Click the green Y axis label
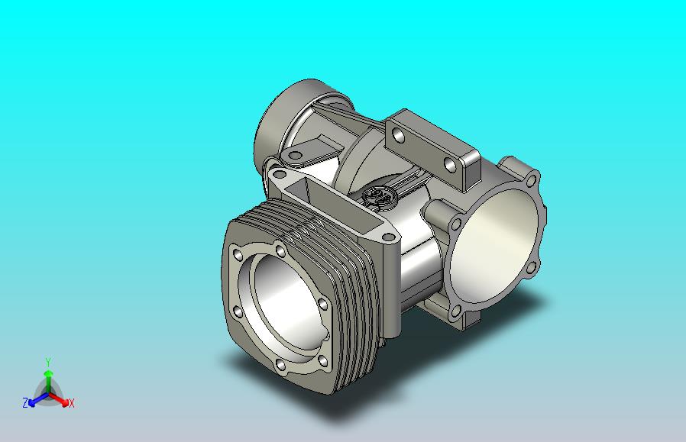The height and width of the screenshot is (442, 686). click(48, 362)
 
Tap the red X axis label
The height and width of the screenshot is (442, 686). click(71, 403)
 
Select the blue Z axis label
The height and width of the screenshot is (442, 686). click(25, 402)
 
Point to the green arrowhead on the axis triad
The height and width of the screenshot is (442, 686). click(48, 373)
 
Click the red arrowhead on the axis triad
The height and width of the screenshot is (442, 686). click(65, 402)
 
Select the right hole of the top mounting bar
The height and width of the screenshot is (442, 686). click(449, 164)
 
